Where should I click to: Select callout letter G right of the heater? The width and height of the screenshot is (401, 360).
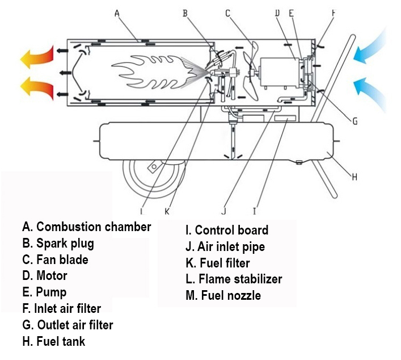[x=355, y=120]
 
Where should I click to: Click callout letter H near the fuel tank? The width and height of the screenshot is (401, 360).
[x=355, y=177]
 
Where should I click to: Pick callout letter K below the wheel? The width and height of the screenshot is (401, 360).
[x=167, y=211]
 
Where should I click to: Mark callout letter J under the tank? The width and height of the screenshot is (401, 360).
[x=223, y=211]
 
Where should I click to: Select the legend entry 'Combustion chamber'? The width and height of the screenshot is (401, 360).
[x=87, y=227]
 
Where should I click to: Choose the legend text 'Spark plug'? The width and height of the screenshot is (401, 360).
[x=58, y=244]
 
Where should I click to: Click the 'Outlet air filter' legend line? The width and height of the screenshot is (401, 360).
[x=67, y=325]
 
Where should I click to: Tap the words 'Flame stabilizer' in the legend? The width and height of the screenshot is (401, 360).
[x=234, y=279]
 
